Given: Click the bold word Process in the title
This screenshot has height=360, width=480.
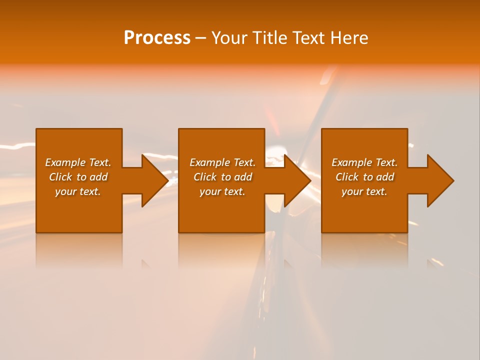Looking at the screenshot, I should (157, 37).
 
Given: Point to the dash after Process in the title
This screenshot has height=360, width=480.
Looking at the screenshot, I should (200, 38).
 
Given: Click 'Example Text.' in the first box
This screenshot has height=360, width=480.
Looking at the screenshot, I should (78, 162).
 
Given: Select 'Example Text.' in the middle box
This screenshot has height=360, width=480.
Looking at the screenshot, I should (222, 162).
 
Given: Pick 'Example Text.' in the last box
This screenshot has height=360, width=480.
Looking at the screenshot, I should (364, 162).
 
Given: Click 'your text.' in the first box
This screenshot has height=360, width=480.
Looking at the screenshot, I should (78, 191).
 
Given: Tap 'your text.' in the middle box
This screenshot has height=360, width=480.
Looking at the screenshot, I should (222, 191).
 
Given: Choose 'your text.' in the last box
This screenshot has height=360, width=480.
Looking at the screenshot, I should (364, 191).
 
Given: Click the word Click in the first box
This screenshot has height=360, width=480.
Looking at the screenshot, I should (60, 177).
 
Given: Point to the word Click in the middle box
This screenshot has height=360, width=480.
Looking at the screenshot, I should (205, 177).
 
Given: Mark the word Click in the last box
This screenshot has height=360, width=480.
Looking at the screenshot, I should (347, 177).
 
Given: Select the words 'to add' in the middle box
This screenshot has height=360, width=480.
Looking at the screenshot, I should (236, 177).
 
